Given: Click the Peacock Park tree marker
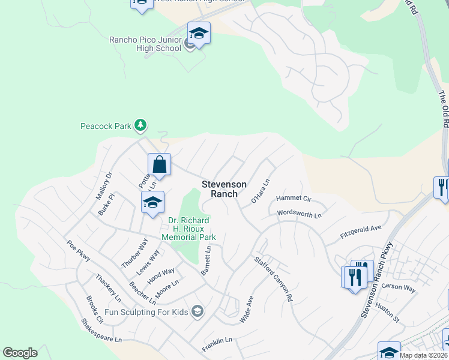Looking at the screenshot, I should tap(140, 125).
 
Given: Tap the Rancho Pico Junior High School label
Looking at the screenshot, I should tap(145, 44).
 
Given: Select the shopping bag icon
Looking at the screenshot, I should tap(160, 164).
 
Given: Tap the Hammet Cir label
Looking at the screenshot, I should tap(294, 199).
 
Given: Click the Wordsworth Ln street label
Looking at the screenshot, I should tap(300, 214).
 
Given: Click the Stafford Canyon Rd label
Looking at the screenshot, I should tap(274, 278).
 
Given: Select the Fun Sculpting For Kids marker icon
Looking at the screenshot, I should tap(197, 311).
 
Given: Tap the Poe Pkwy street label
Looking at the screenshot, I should tap(79, 250).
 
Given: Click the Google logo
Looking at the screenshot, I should tap(20, 353).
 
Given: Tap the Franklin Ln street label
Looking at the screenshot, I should tap(217, 341).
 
